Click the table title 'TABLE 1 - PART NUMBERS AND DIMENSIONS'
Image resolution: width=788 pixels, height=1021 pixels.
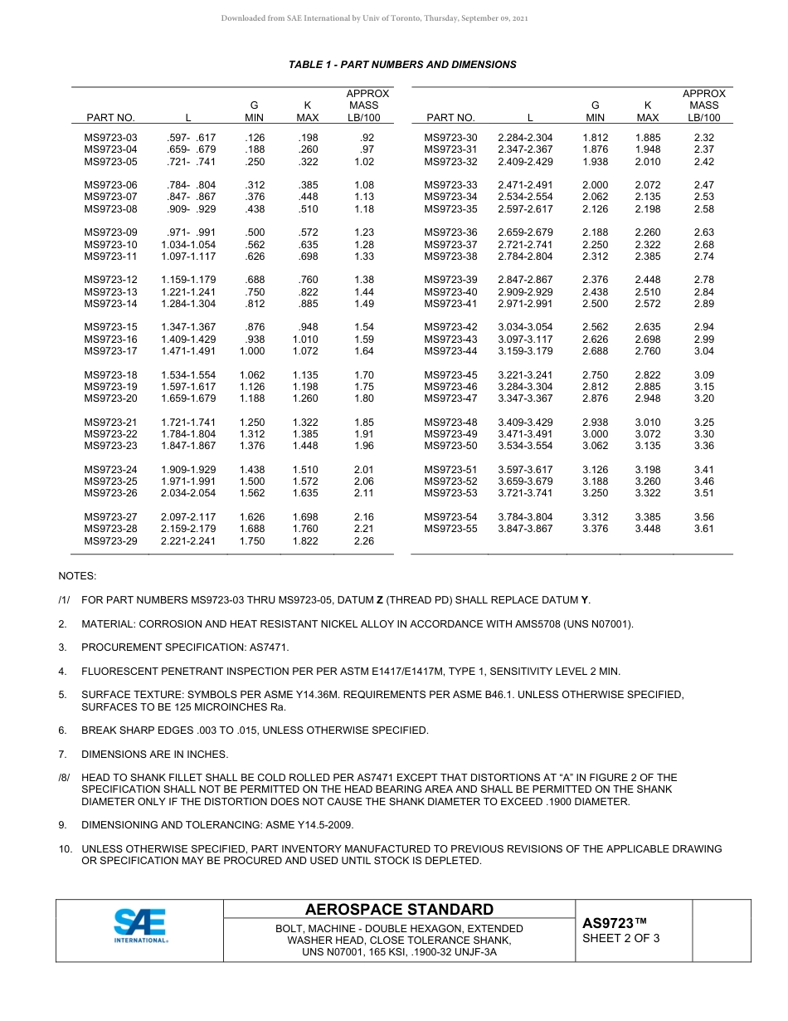point(402,65)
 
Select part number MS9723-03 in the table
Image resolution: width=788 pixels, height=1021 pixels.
point(111,138)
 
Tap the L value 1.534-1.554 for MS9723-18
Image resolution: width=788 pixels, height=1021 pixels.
point(188,375)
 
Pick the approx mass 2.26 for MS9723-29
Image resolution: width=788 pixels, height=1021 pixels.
point(363,541)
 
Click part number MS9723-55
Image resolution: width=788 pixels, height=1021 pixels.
point(450,529)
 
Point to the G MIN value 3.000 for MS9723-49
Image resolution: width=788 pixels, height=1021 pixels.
point(595,434)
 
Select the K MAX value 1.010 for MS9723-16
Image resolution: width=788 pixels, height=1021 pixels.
point(305,340)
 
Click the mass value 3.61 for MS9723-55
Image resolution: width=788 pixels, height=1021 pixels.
point(703,529)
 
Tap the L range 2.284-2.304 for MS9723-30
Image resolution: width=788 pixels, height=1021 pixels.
point(525,138)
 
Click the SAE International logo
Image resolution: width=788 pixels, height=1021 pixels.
point(140,926)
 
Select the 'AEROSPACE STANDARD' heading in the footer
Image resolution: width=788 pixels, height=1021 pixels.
point(399,910)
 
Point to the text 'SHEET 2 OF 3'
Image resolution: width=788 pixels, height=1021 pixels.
point(621,939)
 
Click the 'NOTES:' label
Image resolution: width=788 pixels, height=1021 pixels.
point(77,576)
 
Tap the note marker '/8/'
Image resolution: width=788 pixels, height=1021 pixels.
point(64,778)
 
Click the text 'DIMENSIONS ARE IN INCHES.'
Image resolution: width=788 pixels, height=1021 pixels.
point(154,755)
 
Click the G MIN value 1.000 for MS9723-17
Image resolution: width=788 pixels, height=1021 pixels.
point(252,351)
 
